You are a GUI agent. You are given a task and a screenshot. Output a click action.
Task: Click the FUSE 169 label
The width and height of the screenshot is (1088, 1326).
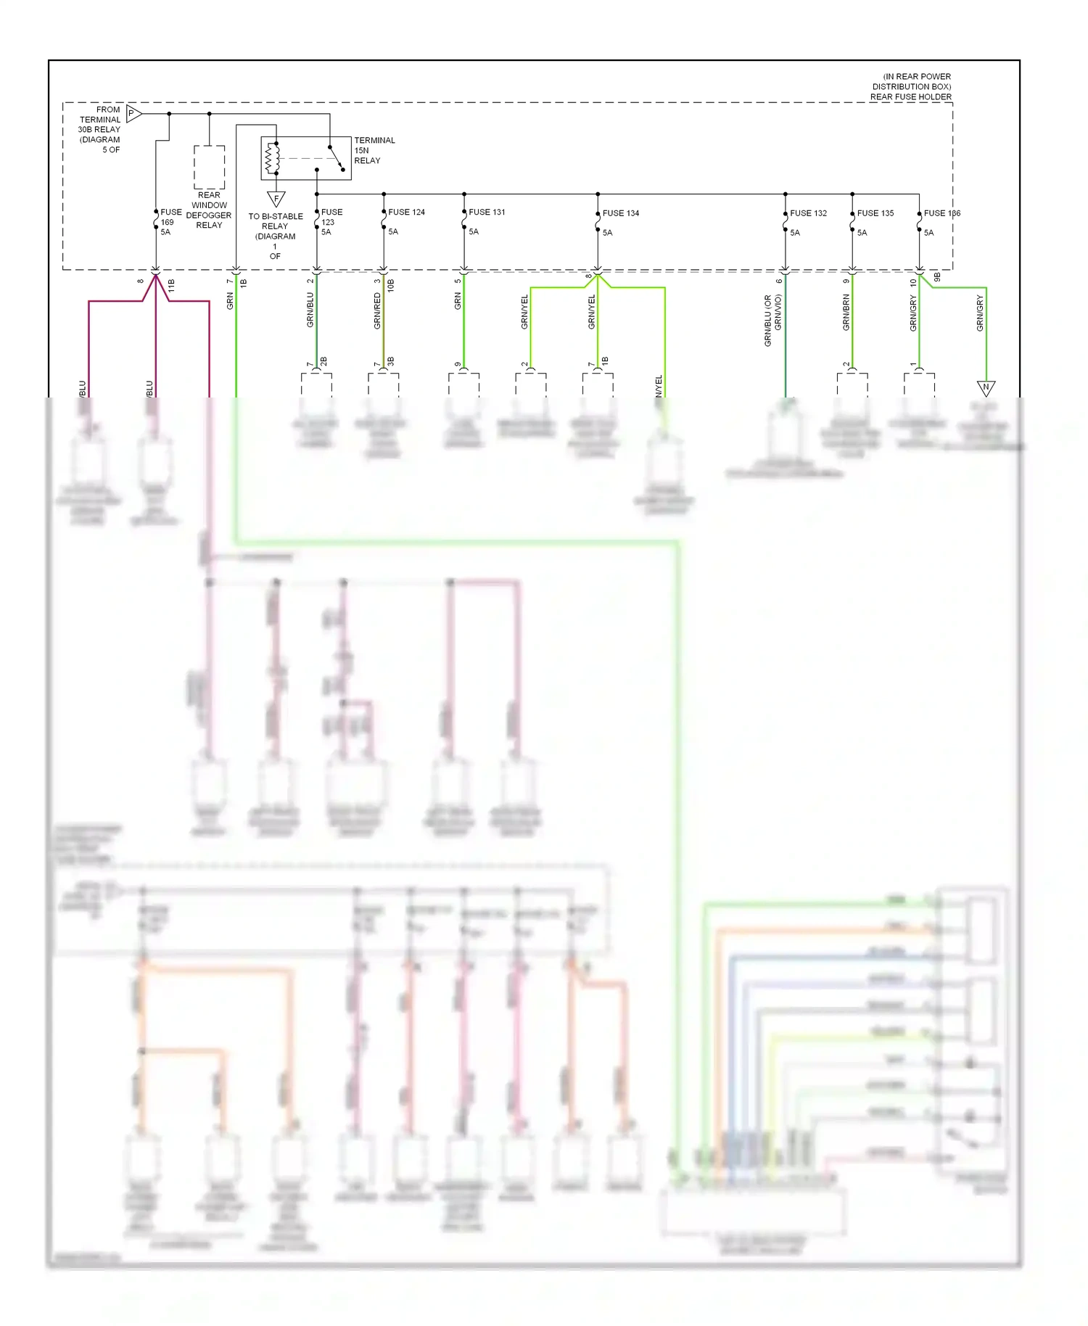point(170,217)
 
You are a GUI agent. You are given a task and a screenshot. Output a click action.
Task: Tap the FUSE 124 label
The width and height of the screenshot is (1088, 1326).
point(406,212)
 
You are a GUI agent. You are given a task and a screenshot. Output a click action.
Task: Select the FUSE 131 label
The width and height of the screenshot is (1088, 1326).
point(487,212)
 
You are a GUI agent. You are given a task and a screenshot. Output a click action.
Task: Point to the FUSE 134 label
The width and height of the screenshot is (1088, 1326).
point(621,213)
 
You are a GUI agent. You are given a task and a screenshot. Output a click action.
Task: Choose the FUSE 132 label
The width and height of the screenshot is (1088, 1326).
point(808,213)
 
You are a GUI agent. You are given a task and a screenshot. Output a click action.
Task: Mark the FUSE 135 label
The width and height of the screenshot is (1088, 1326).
point(875,213)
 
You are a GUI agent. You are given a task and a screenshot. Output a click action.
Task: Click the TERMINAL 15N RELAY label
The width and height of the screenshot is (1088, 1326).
point(374,150)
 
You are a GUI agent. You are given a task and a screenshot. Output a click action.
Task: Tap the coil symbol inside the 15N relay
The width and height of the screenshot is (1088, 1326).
point(273,158)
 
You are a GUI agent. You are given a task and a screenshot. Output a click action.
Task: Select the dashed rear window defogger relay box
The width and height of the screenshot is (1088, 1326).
point(209,167)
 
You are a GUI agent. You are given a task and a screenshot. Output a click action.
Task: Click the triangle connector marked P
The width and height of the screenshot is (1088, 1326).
point(133,113)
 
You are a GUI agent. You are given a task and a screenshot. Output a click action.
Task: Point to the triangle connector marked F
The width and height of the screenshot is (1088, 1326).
point(276,198)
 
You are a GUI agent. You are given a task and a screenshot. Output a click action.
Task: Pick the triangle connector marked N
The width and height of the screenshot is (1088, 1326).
point(986,387)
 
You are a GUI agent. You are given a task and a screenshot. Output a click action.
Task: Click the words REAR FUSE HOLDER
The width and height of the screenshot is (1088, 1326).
point(910,96)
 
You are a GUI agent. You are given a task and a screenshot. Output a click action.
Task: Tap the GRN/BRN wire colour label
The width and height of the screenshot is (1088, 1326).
point(846,313)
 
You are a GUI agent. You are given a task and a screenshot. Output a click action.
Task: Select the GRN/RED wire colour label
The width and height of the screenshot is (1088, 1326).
point(377,310)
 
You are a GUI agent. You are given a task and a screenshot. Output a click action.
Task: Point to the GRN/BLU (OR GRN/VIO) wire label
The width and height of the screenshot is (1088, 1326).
point(773,319)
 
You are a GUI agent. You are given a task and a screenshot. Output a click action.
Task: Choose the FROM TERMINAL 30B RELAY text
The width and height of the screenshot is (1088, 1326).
point(101,125)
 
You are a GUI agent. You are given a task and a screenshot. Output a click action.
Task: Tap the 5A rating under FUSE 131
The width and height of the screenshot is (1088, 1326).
point(474,231)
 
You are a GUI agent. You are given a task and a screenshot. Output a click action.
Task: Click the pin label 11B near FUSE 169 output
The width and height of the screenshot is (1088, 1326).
point(172,285)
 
